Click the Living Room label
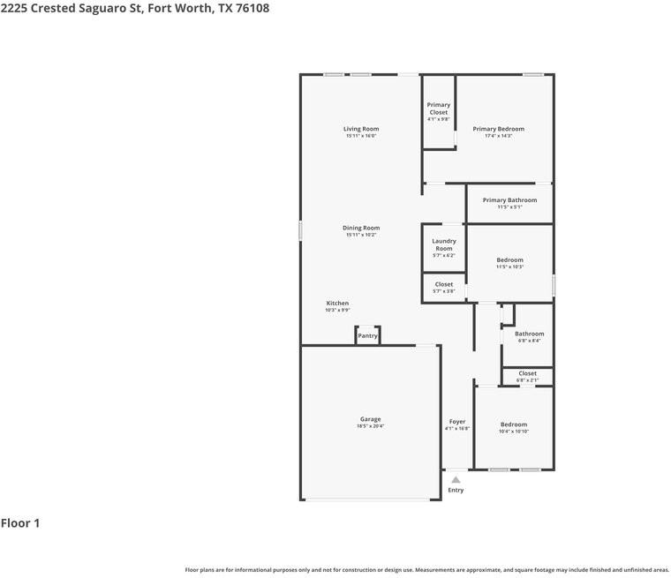361,129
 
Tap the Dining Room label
361,228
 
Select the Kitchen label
337,303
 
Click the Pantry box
367,335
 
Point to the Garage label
370,419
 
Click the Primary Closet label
439,109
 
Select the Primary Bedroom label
498,129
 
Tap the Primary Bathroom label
509,200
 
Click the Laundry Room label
444,244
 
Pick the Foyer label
457,422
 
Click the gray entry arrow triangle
456,479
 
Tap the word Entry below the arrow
456,490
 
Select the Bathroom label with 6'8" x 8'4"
530,334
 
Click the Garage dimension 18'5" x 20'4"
370,426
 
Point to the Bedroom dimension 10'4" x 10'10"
514,432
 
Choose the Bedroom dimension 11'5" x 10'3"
509,266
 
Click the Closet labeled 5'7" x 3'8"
444,284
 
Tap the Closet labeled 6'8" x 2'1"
527,373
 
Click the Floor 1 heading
20,523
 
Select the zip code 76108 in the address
251,8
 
